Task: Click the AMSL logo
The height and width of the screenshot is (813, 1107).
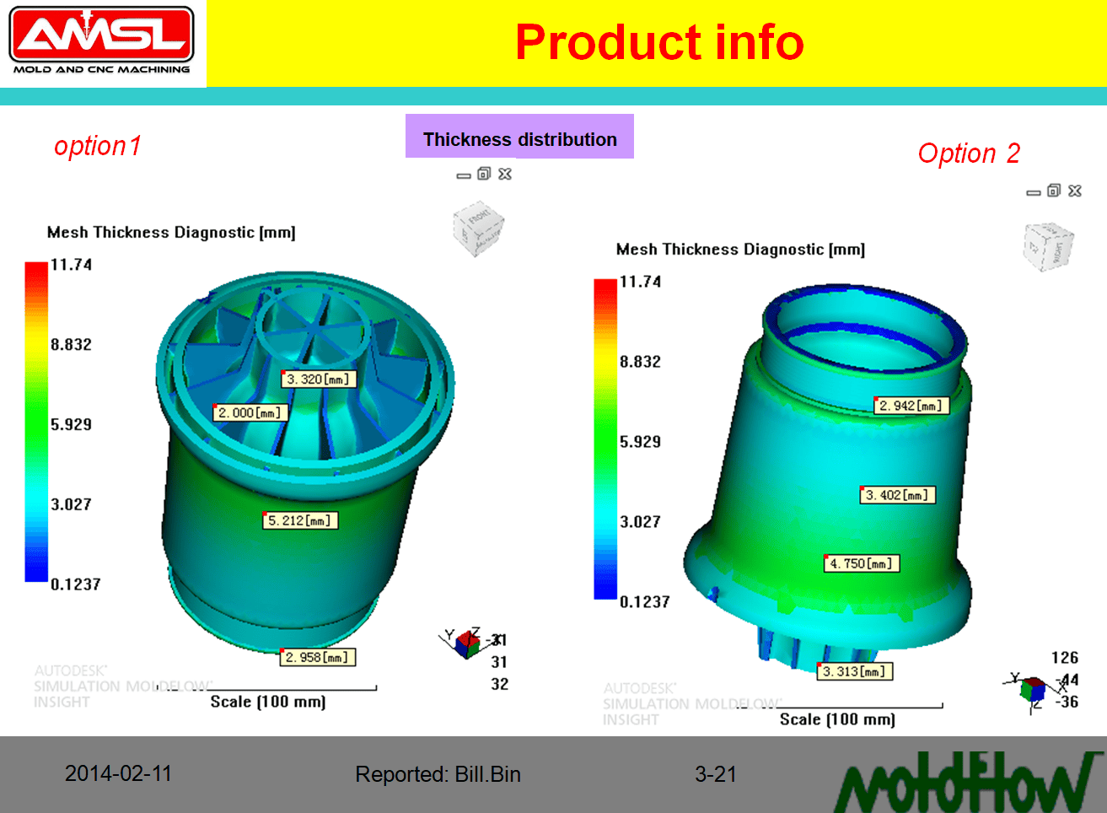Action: [x=101, y=40]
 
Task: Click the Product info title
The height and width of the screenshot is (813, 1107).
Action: [x=659, y=42]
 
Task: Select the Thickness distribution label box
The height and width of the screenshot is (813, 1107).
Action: [x=519, y=137]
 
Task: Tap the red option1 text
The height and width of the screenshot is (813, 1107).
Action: [x=98, y=146]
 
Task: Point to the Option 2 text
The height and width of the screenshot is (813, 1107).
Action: [x=969, y=153]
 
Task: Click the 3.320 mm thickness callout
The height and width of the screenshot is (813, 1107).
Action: [x=319, y=380]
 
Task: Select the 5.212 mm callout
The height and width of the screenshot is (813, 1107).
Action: [x=300, y=521]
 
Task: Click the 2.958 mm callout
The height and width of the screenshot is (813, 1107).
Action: [x=318, y=658]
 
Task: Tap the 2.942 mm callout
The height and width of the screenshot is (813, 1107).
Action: [x=911, y=406]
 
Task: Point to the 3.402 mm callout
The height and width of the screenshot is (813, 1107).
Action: [x=898, y=495]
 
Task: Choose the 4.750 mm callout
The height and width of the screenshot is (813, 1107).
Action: [x=862, y=563]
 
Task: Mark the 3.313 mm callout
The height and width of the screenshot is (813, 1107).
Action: [x=855, y=672]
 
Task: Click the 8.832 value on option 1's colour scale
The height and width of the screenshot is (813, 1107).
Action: [x=71, y=345]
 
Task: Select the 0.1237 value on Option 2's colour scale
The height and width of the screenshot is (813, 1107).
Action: [x=644, y=602]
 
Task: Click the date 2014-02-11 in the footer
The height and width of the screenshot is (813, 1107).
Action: [x=118, y=773]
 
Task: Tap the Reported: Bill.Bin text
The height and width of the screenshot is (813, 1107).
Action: [x=438, y=774]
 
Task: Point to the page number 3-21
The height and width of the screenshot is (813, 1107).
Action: [x=715, y=774]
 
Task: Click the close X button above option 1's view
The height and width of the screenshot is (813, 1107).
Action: [x=505, y=174]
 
